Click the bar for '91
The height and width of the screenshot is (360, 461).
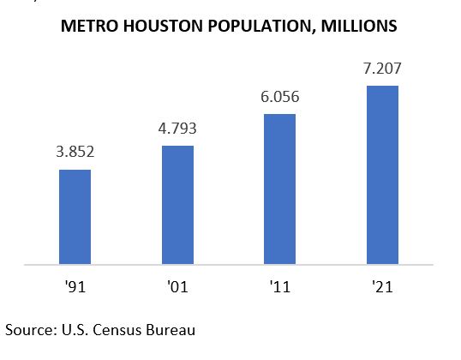point(75,217)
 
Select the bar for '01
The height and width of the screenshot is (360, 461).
point(177,205)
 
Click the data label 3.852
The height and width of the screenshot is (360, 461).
point(75,153)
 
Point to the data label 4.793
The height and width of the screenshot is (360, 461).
point(177,130)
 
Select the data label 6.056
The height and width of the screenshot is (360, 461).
point(279,98)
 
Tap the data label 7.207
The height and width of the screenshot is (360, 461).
point(382,69)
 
